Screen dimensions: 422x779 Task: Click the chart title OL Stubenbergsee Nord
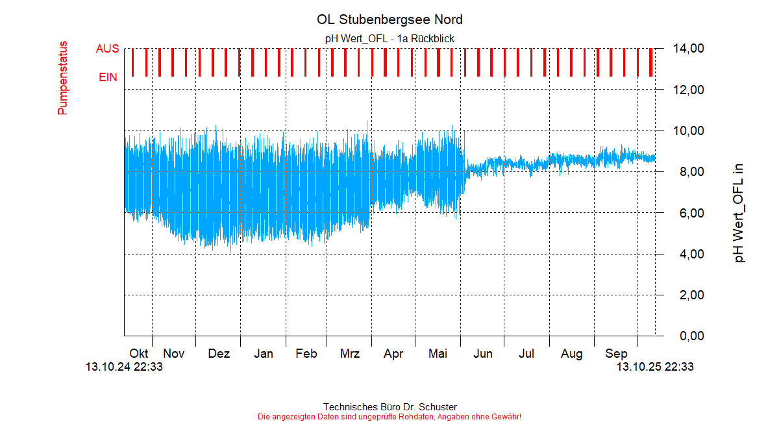click(389, 19)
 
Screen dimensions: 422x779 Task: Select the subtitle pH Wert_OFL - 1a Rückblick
click(389, 38)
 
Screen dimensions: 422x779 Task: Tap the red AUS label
click(107, 49)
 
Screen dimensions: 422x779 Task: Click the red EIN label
click(108, 77)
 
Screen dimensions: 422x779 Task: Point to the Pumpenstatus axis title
click(63, 78)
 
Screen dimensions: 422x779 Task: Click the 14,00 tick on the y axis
click(689, 49)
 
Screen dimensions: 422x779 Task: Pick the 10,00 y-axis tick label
click(689, 130)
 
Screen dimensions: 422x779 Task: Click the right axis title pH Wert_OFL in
click(739, 213)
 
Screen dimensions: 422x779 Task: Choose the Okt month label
click(139, 354)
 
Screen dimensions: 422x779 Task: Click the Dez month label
click(219, 354)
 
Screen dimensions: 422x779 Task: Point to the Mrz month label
click(350, 354)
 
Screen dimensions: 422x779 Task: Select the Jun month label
click(482, 354)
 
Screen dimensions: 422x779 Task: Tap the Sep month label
click(616, 354)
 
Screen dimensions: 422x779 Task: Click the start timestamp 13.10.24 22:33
click(124, 367)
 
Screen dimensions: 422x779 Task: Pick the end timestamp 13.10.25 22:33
click(655, 367)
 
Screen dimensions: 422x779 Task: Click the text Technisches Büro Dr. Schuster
click(389, 407)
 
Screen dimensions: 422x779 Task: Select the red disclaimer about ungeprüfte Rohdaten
click(389, 416)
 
